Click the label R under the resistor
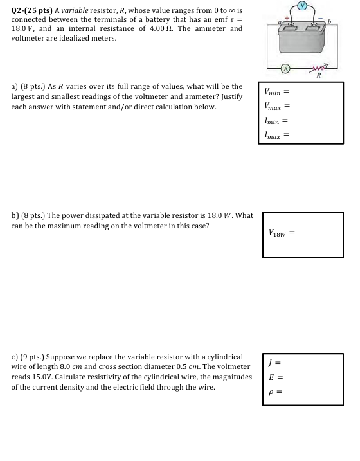pyautogui.click(x=318, y=76)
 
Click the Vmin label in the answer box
pyautogui.click(x=273, y=91)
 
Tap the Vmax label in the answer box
pyautogui.click(x=273, y=105)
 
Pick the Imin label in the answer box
pyautogui.click(x=271, y=120)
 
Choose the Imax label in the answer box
pyautogui.click(x=273, y=135)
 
